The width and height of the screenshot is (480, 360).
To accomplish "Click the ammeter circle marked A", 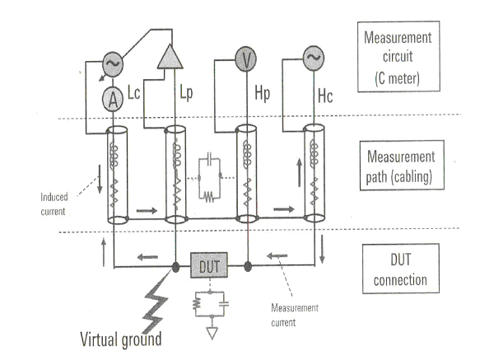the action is [x=113, y=99].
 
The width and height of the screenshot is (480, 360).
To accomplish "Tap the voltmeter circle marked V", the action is [x=246, y=58].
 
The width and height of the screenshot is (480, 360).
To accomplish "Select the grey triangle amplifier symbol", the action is [x=170, y=57].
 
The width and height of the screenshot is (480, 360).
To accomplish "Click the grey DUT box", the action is [x=209, y=265].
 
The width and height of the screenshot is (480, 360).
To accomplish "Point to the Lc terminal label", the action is [x=133, y=92].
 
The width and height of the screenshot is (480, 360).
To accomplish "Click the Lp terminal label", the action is [x=186, y=92].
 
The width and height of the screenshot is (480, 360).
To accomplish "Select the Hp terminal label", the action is [x=263, y=93].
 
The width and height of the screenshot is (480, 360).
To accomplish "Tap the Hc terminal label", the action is [x=325, y=96].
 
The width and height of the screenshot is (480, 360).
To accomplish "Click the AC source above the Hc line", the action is [x=314, y=58].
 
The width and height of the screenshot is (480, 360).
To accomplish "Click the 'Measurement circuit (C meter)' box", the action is [x=398, y=57].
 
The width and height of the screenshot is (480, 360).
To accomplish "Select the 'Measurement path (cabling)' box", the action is [x=402, y=166].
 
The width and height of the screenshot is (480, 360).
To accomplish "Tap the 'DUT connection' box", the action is [x=401, y=269].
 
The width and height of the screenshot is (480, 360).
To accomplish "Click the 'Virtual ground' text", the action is [x=120, y=339].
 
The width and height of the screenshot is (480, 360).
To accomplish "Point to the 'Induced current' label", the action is [x=54, y=204].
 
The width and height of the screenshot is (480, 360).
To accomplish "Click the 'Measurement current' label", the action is [x=295, y=315].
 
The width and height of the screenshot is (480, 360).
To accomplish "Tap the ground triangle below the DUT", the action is [x=212, y=334].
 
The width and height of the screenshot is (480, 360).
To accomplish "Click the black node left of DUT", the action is [x=175, y=267].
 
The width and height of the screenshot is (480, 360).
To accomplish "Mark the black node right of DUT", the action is [x=248, y=267].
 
